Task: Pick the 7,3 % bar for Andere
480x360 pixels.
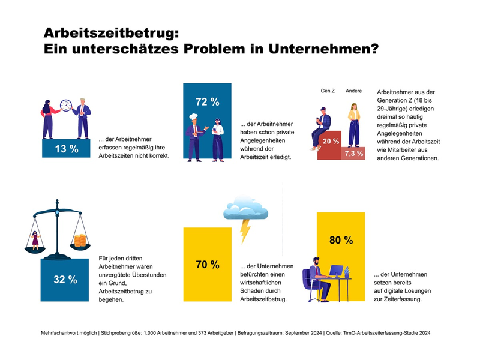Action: [353, 154]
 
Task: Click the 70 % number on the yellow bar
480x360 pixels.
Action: [207, 264]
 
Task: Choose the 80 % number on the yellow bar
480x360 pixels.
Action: [341, 240]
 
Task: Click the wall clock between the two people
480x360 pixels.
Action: [67, 106]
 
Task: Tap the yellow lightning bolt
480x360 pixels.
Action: [245, 230]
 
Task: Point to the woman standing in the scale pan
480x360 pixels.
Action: [35, 239]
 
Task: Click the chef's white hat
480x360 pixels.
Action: [194, 118]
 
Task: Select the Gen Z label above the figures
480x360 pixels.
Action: [327, 91]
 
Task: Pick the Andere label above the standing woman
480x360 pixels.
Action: [353, 91]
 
